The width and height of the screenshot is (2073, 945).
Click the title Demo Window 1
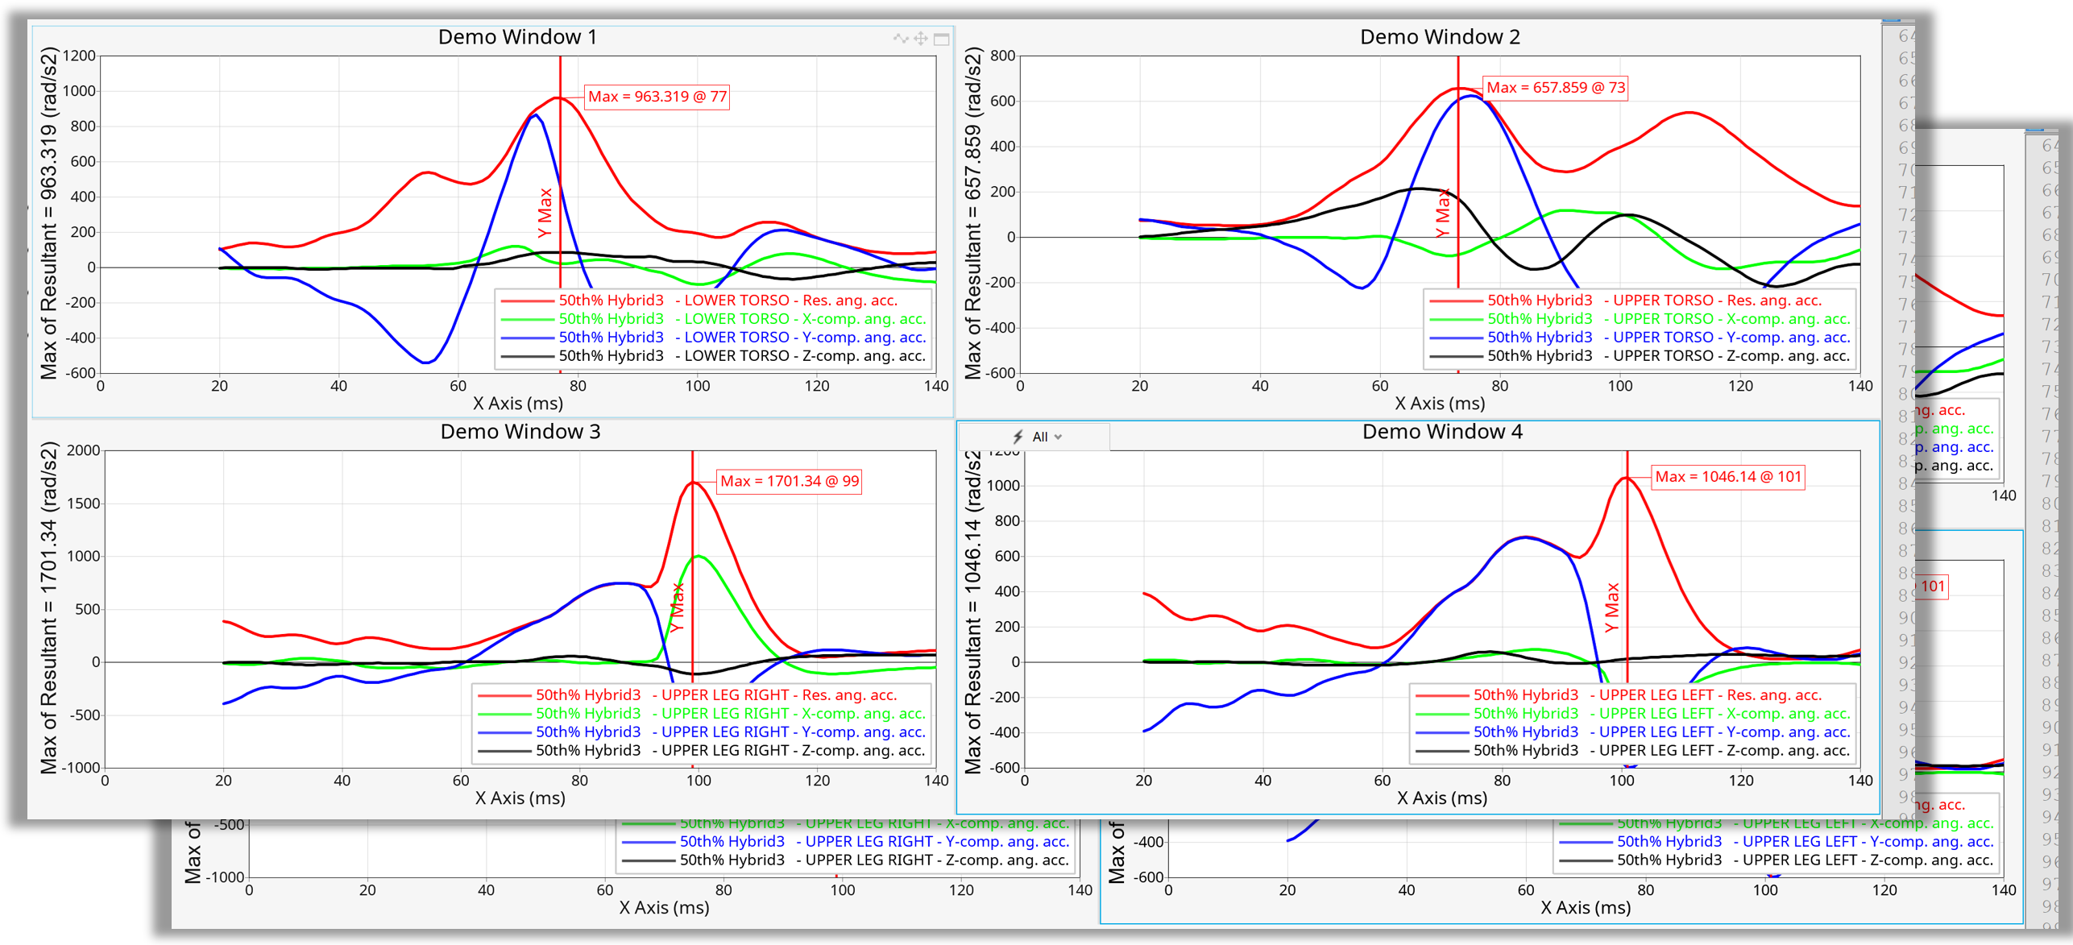tap(517, 37)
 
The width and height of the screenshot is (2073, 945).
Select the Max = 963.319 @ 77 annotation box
tap(657, 97)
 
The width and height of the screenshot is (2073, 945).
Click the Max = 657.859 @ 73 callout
tap(1554, 88)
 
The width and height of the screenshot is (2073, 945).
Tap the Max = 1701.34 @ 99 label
tap(789, 481)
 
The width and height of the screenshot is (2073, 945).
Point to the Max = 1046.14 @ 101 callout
tap(1727, 476)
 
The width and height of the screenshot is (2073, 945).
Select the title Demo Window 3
tap(520, 432)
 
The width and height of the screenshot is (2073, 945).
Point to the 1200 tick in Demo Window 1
tap(79, 56)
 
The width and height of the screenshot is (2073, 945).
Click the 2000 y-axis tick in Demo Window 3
tap(84, 450)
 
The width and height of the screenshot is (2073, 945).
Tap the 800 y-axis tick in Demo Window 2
tap(1002, 56)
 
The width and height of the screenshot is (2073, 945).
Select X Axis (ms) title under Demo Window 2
tap(1439, 403)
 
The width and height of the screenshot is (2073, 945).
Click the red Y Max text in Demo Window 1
tap(545, 213)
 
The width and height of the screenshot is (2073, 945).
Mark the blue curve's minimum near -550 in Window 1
tap(425, 363)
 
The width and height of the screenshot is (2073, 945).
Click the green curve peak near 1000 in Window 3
tap(698, 556)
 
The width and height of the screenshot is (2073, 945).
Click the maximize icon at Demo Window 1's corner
tap(941, 39)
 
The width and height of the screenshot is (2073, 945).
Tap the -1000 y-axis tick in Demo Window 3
tap(84, 767)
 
